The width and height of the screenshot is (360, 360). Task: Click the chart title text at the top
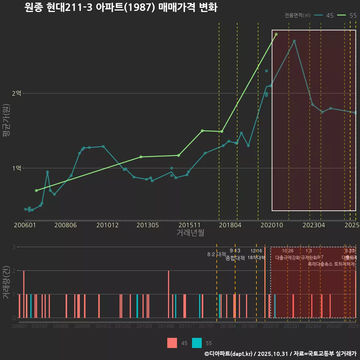pos(121,7)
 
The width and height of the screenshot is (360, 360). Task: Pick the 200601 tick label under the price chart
pos(25,225)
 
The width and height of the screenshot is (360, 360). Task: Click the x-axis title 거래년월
pos(190,233)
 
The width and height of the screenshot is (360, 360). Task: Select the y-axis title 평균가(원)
pos(6,127)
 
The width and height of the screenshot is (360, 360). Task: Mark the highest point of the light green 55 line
pos(276,34)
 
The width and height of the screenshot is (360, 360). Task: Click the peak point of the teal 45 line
pos(294,41)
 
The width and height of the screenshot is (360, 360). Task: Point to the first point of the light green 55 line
pos(36,190)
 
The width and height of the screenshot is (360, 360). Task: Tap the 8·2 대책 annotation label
pos(217,254)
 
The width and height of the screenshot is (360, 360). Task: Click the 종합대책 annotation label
pos(235,258)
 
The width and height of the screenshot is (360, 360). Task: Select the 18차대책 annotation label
pos(256,258)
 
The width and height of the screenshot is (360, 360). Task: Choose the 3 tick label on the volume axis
pos(14,247)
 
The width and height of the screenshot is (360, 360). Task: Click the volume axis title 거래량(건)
pos(6,282)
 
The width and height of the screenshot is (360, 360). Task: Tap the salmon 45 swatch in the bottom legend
pos(172,343)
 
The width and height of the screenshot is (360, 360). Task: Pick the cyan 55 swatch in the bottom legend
pos(197,343)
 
